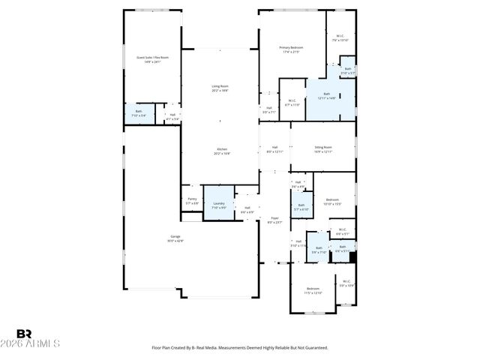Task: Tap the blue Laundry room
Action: (219, 205)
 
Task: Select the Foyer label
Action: (274, 220)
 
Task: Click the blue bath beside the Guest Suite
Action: (139, 114)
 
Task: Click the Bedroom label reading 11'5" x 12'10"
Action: (313, 290)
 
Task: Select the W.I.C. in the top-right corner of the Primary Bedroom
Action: (340, 37)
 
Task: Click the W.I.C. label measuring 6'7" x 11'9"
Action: (292, 103)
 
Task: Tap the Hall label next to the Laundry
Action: (247, 210)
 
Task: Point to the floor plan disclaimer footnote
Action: (239, 347)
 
